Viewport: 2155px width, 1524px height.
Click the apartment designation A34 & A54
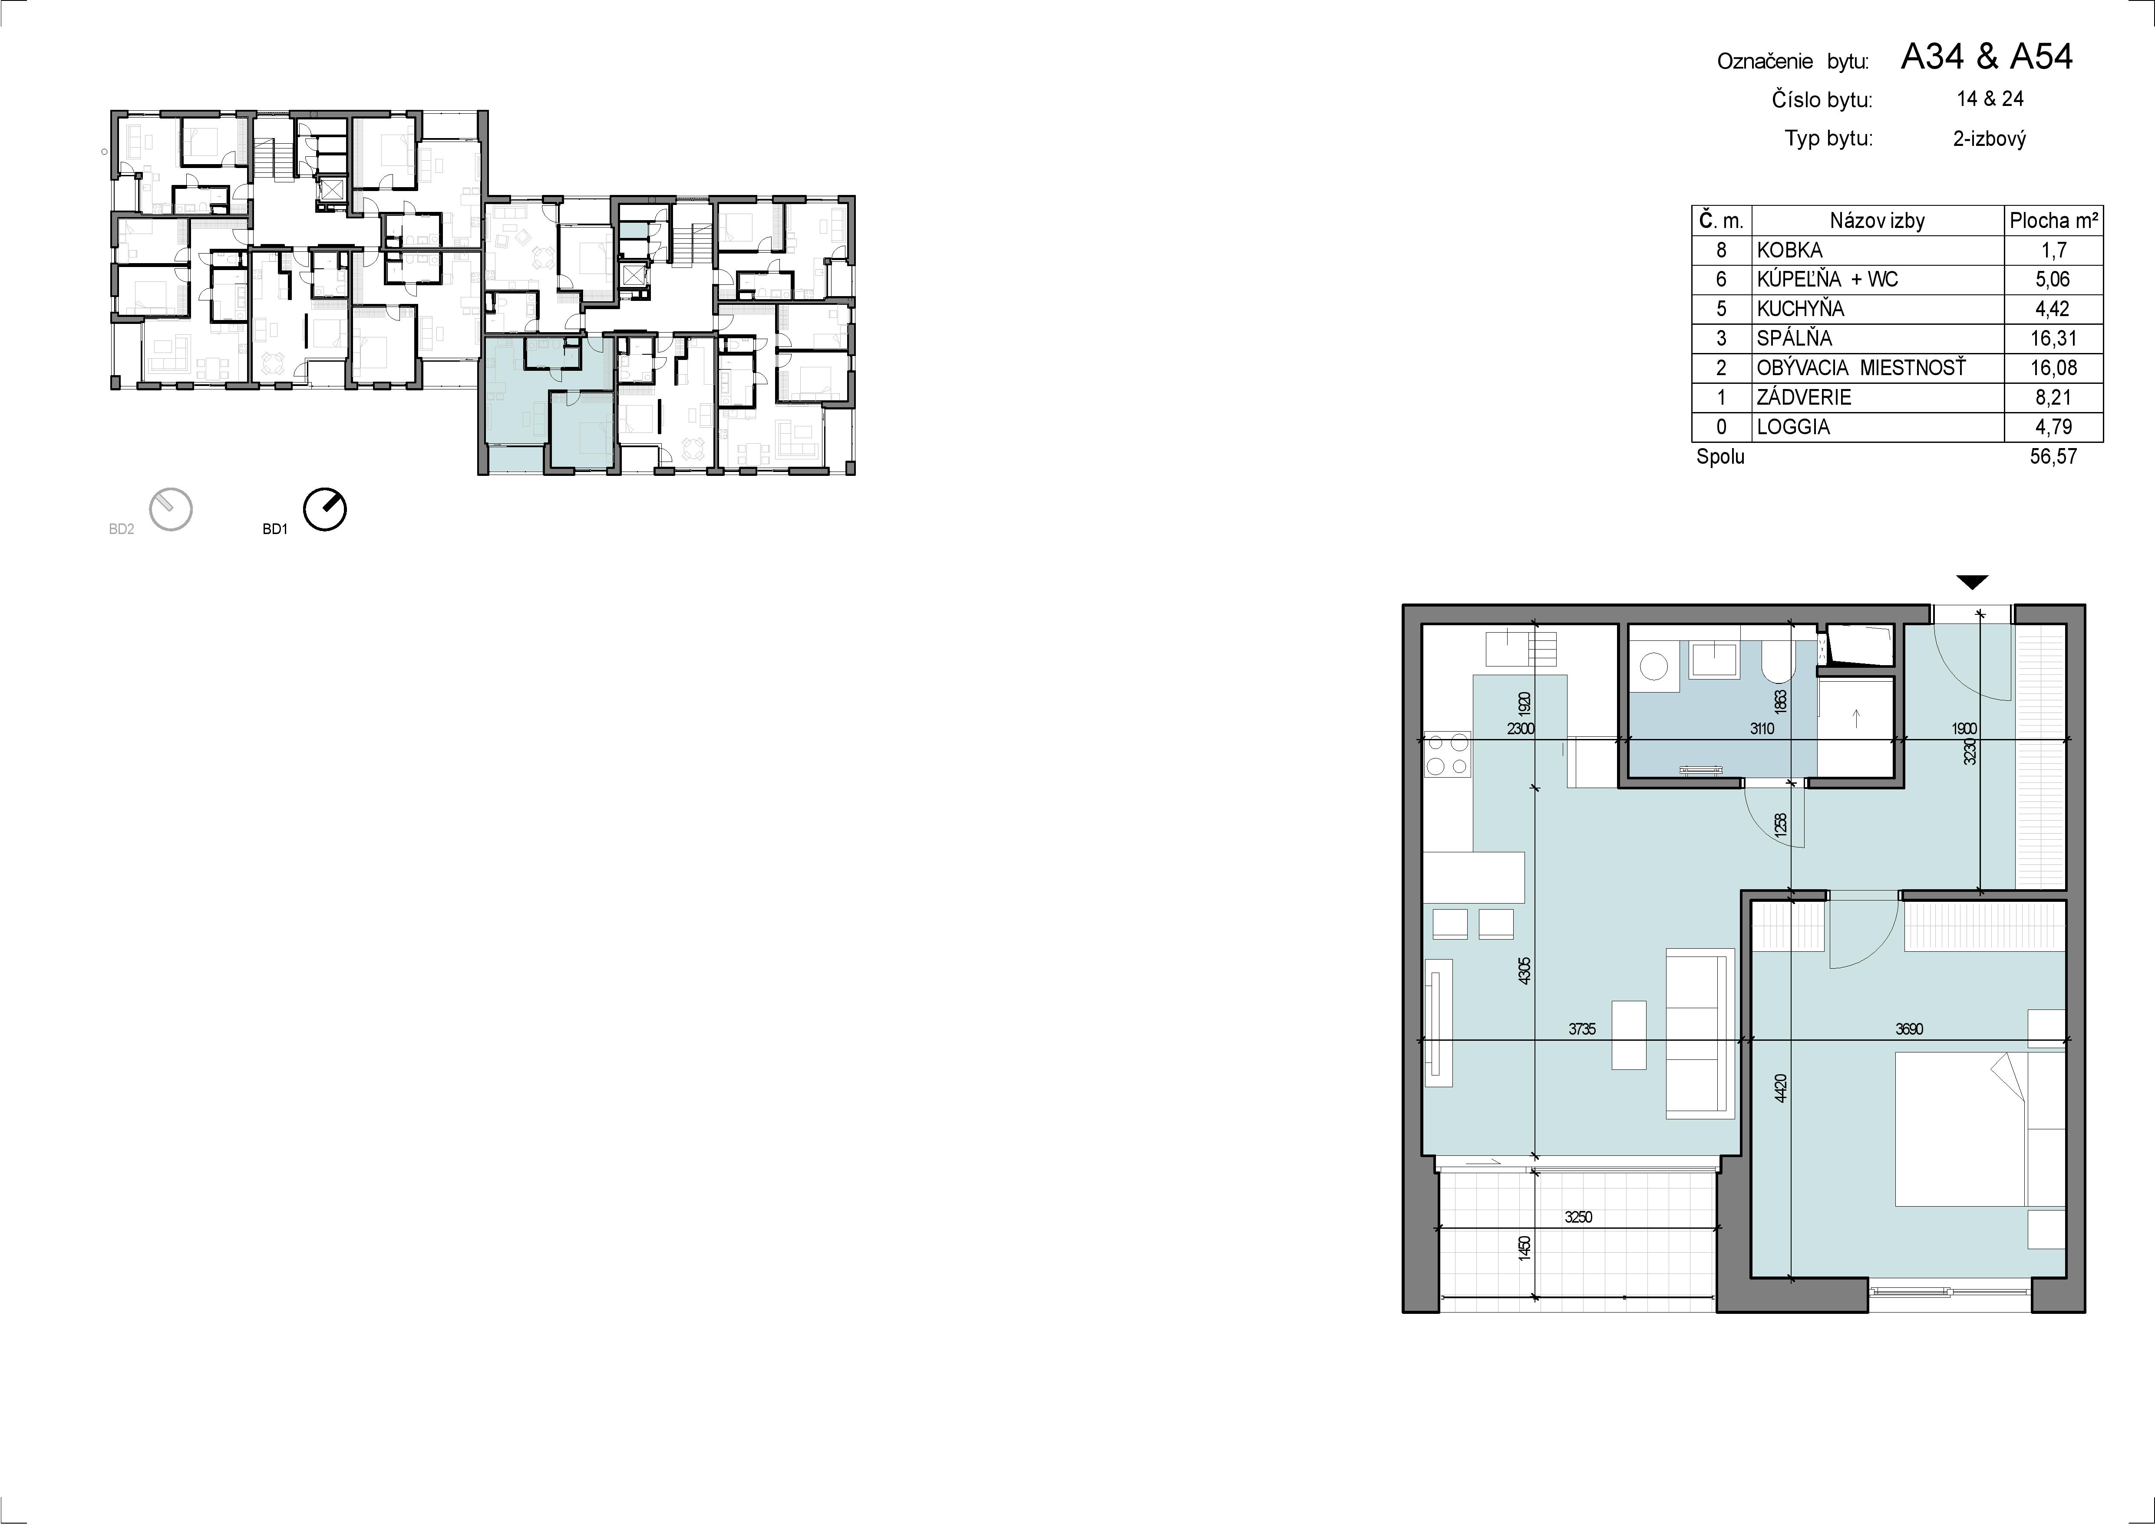[1986, 57]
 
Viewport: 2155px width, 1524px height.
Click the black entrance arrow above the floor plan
[1974, 582]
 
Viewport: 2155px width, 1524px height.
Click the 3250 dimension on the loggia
[1579, 1217]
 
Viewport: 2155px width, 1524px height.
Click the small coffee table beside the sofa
[1628, 1035]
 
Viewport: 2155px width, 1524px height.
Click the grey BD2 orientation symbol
[171, 510]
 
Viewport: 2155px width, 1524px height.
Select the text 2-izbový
[1989, 139]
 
